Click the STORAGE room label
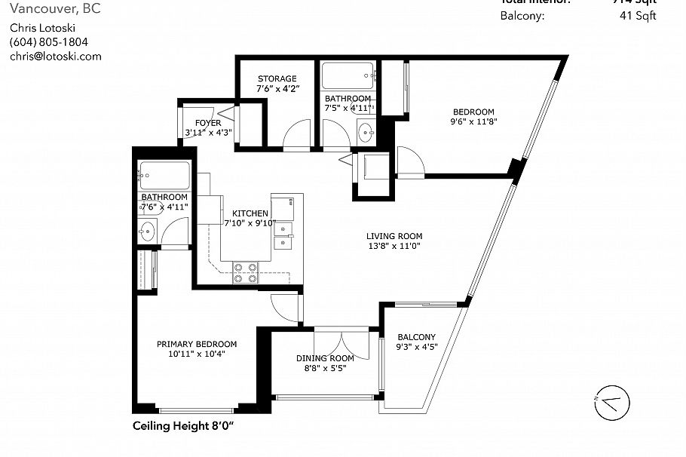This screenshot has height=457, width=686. click(x=277, y=78)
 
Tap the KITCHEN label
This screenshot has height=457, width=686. click(x=250, y=213)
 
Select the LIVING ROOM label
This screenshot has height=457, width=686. click(x=393, y=235)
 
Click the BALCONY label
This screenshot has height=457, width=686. click(x=416, y=337)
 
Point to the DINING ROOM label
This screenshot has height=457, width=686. click(x=325, y=358)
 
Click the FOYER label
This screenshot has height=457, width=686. click(x=208, y=123)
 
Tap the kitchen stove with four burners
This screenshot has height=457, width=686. click(x=246, y=271)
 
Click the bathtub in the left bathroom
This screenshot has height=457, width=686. click(x=163, y=176)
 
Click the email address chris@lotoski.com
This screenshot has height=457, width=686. click(x=55, y=56)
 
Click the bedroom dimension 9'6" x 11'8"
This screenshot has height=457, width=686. click(x=473, y=121)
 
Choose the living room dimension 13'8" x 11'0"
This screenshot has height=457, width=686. click(x=393, y=245)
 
